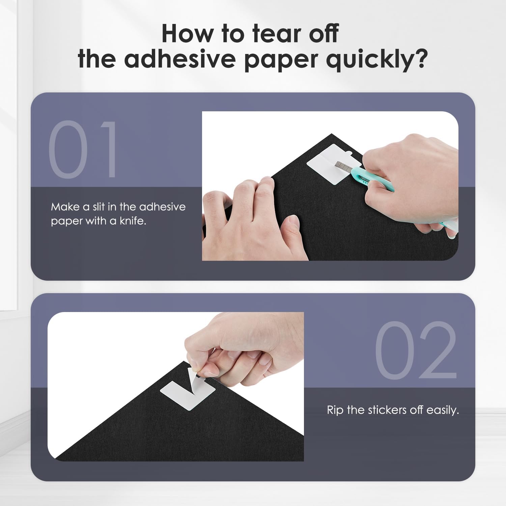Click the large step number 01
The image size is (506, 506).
[83, 150]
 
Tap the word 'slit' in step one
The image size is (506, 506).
[99, 206]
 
